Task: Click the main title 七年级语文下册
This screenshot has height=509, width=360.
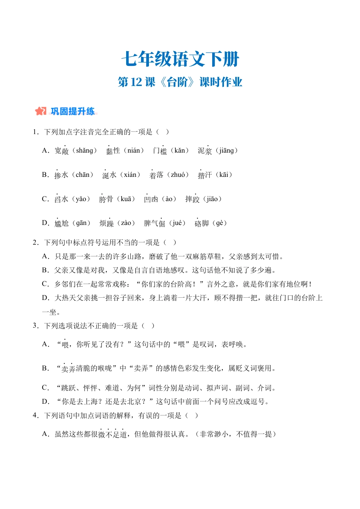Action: (180, 59)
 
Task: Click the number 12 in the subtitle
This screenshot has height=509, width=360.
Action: (136, 82)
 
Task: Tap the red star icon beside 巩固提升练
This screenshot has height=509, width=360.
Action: (40, 111)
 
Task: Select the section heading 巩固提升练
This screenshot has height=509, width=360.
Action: (73, 111)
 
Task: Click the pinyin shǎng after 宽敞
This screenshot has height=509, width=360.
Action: (84, 151)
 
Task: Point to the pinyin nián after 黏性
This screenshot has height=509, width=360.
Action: (133, 151)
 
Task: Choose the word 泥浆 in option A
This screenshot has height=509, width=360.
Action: (205, 151)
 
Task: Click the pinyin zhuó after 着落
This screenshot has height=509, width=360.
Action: (178, 175)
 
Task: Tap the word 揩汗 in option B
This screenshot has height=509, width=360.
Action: (205, 175)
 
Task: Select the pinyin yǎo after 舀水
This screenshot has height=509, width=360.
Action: (81, 199)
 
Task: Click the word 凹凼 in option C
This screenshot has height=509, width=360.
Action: (151, 199)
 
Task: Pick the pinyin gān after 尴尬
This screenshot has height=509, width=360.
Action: (81, 223)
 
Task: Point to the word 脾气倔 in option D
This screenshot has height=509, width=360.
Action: (155, 223)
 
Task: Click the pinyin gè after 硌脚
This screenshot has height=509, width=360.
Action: (219, 223)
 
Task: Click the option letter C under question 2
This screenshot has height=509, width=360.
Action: (45, 284)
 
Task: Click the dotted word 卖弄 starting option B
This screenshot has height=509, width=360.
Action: (68, 368)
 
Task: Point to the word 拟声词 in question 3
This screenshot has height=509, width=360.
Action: (217, 388)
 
